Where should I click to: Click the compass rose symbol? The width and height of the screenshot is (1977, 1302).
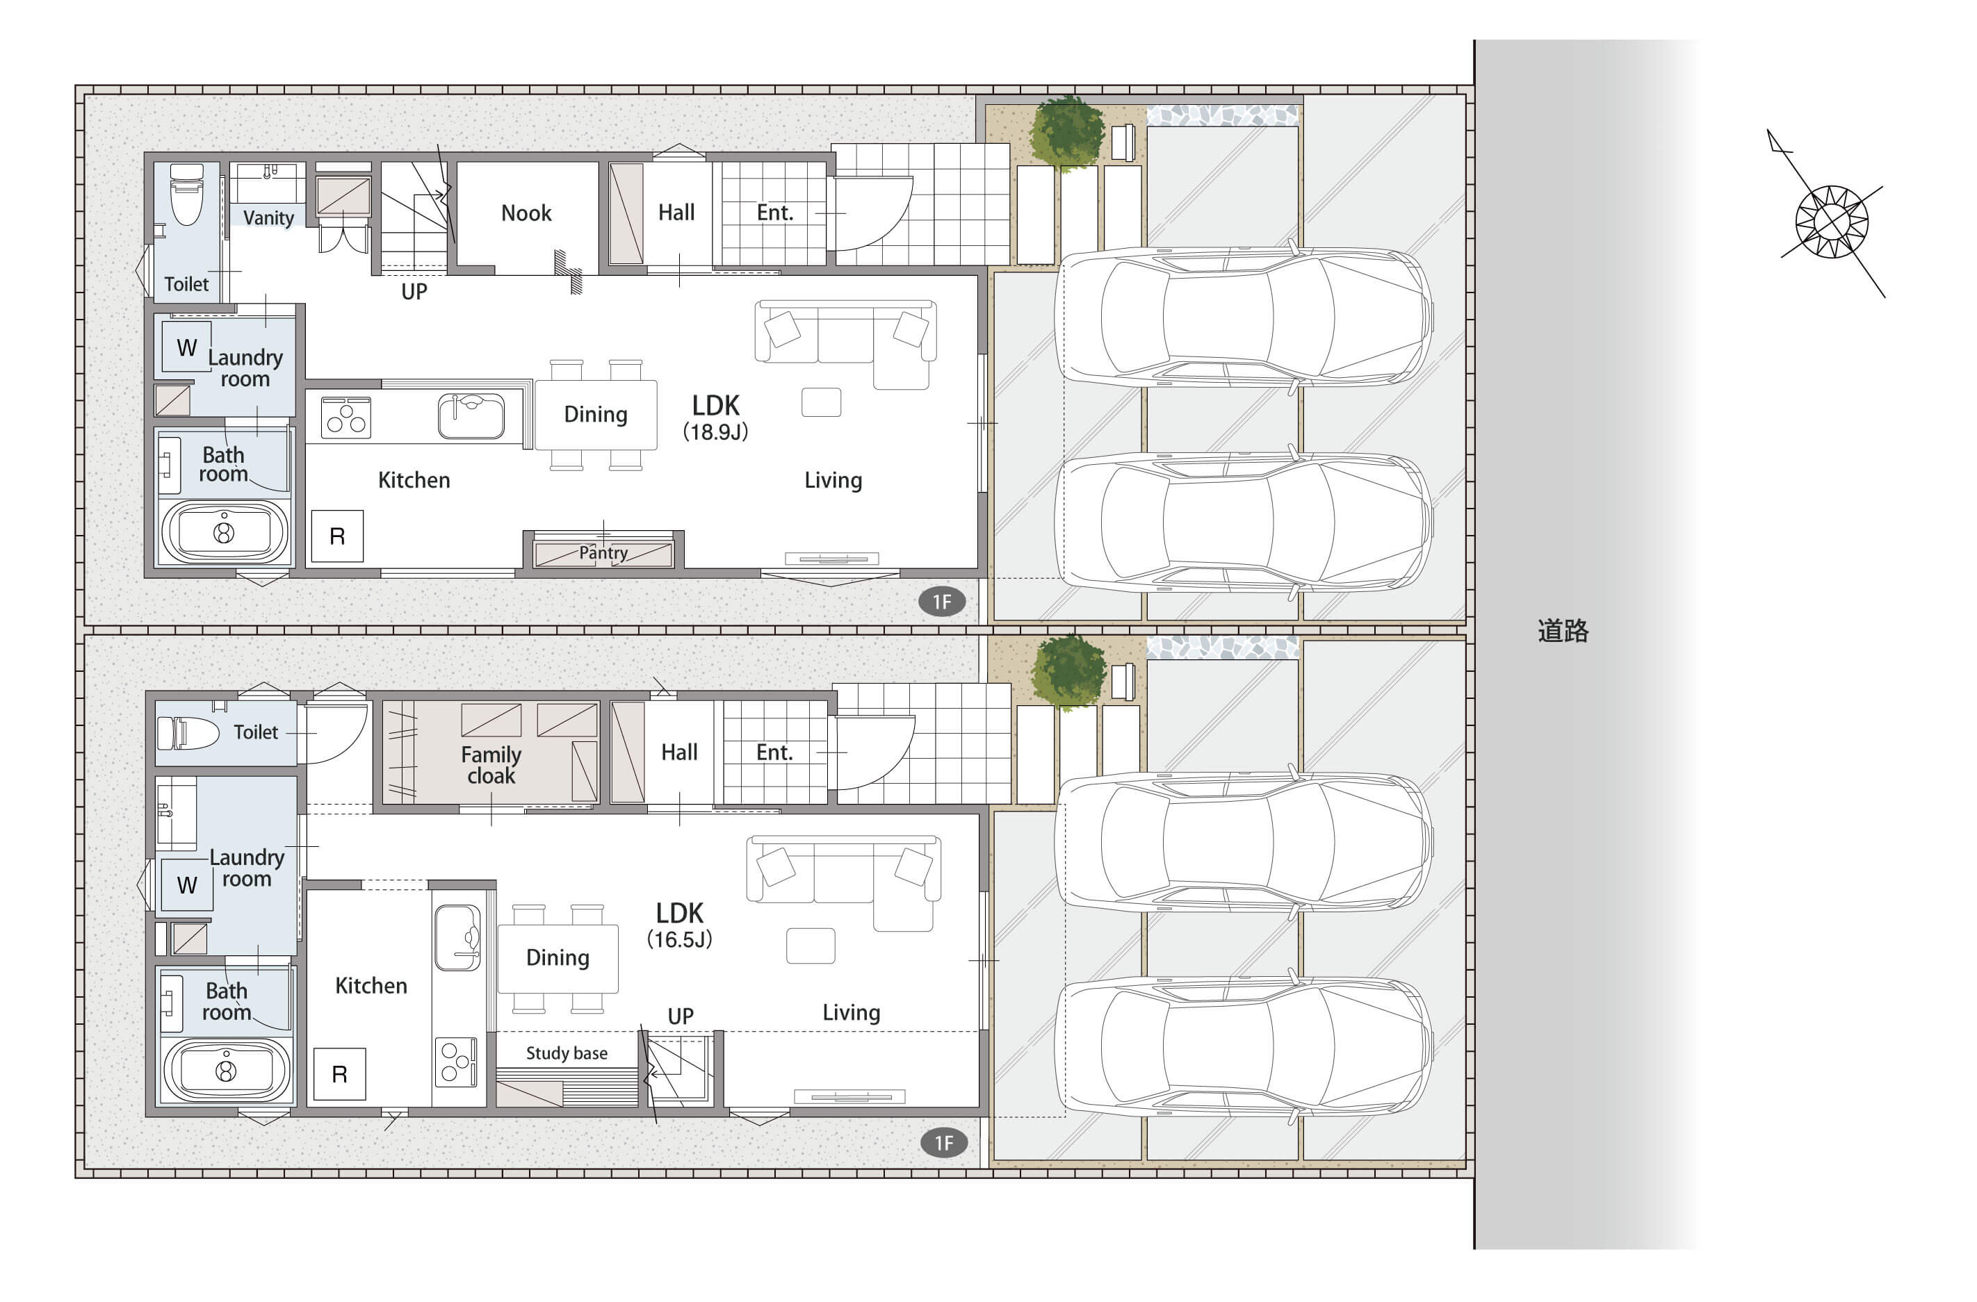click(x=1831, y=221)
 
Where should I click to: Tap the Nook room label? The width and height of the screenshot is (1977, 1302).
click(x=526, y=213)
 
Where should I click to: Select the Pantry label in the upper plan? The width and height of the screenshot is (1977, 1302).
click(x=603, y=553)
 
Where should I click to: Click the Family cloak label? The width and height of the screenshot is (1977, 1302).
click(x=491, y=765)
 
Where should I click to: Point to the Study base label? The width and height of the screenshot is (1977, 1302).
click(x=567, y=1053)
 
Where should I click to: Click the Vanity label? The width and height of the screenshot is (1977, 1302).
click(x=268, y=217)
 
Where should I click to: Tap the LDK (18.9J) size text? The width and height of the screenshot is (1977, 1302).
click(x=715, y=417)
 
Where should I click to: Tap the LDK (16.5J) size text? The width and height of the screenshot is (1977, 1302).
click(x=679, y=925)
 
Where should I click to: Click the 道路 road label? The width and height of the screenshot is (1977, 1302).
click(x=1563, y=631)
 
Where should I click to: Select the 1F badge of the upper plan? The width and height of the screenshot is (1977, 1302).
click(x=941, y=602)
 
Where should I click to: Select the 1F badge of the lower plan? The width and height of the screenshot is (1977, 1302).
click(x=943, y=1144)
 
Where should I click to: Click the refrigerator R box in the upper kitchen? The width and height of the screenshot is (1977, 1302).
click(x=337, y=536)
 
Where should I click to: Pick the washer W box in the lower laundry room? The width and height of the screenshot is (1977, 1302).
click(x=187, y=885)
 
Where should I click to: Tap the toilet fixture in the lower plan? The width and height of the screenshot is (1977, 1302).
click(x=188, y=733)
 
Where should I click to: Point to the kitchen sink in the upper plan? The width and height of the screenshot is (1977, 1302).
click(x=471, y=416)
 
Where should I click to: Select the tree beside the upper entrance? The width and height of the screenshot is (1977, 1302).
click(x=1066, y=133)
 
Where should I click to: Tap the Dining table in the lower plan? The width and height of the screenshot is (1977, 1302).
click(x=558, y=959)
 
